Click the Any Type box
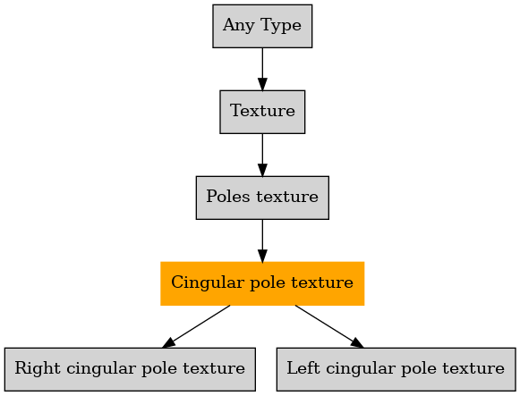[x=262, y=26]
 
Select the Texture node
[x=262, y=112]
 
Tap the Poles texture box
[x=262, y=198]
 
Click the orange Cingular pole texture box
[x=262, y=283]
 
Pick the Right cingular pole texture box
[x=130, y=369]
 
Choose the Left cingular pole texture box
[x=396, y=369]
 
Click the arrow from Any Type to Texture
[x=262, y=69]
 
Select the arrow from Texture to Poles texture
[x=262, y=155]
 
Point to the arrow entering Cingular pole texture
[x=262, y=240]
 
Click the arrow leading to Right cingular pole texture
[x=196, y=326]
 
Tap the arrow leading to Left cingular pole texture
[x=329, y=326]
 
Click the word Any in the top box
[x=239, y=26]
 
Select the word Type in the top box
[x=281, y=26]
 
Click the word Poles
[x=228, y=197]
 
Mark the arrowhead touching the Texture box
[x=262, y=84]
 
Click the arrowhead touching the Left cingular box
[x=357, y=342]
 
